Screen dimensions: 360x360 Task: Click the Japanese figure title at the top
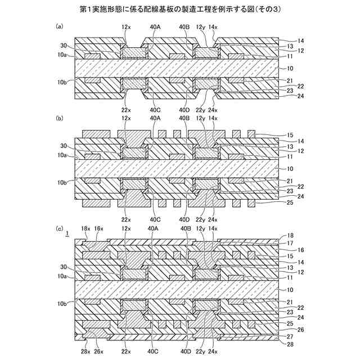coord(180,10)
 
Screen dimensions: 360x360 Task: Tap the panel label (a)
coord(60,26)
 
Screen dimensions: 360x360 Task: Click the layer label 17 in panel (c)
coord(291,243)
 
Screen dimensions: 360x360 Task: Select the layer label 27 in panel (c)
coord(291,336)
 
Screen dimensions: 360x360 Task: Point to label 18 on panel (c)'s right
coord(291,237)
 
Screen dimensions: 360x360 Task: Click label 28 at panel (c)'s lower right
coord(291,343)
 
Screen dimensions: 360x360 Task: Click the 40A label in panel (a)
coord(155,26)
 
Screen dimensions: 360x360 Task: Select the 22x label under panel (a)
coord(126,109)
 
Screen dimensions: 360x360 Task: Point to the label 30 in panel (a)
coord(64,47)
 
